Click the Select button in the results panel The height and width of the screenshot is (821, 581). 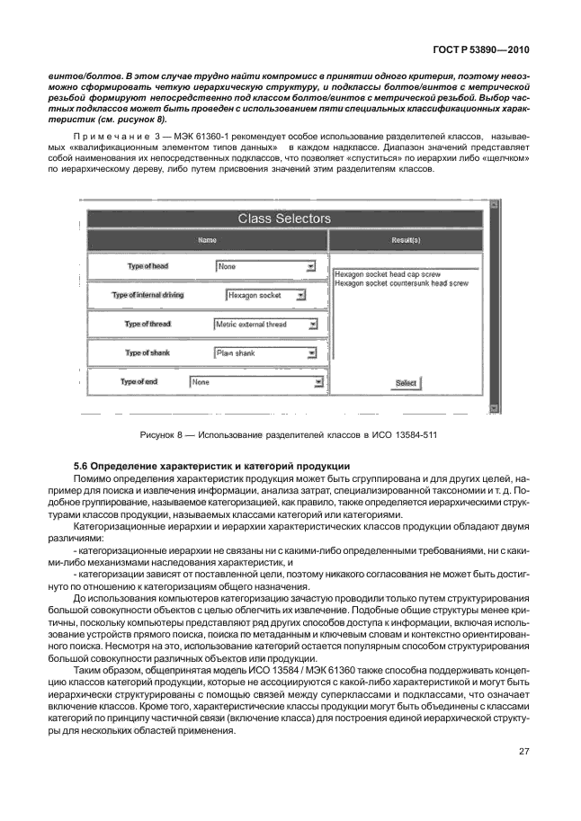coord(407,383)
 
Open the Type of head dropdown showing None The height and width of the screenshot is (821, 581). coord(266,266)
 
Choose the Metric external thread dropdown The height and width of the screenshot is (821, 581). coord(266,324)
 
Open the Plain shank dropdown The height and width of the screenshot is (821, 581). coord(266,353)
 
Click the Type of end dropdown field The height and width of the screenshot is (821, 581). coord(256,382)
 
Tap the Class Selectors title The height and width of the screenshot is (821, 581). coord(284,219)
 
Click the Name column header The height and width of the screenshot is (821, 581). coord(208,240)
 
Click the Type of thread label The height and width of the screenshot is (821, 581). coord(147,324)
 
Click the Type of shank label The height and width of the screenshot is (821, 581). coord(147,353)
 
